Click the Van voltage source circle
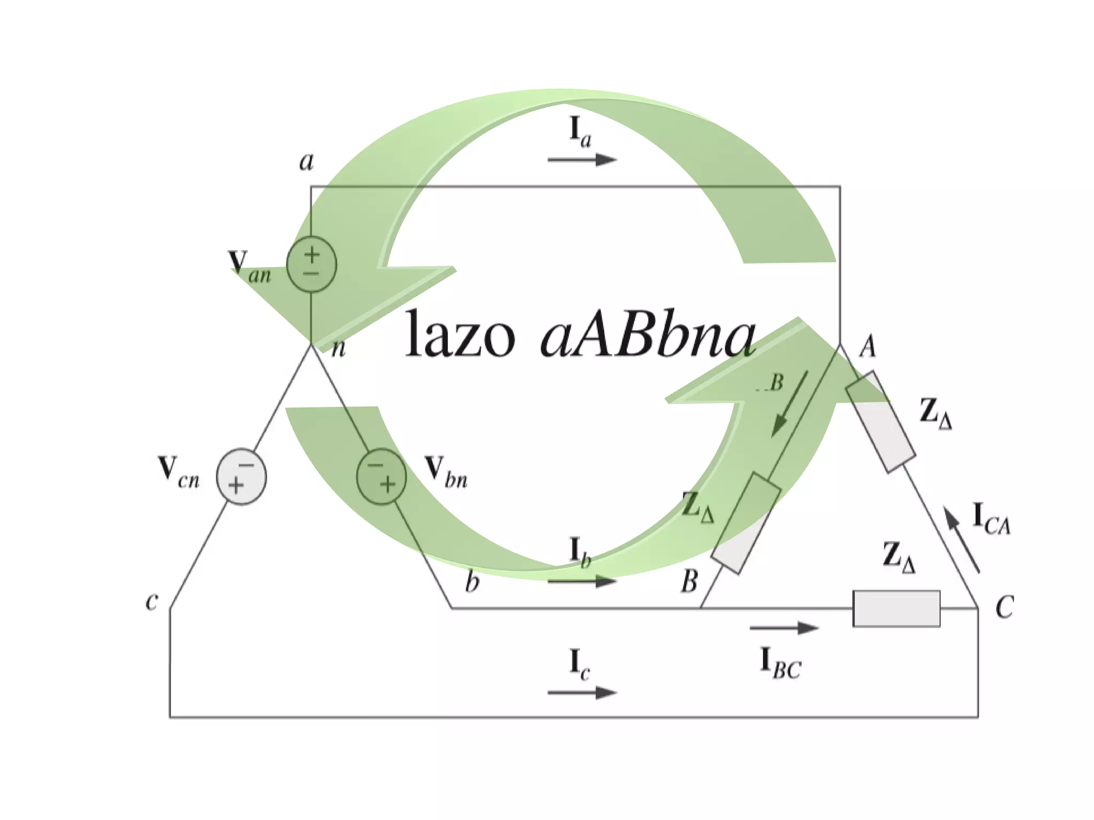[x=311, y=264]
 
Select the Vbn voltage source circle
[x=381, y=477]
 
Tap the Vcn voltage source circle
[x=241, y=477]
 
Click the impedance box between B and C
[x=896, y=608]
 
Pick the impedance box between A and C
[x=881, y=422]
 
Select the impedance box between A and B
[x=746, y=523]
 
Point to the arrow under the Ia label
[x=582, y=159]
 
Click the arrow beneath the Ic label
[x=582, y=692]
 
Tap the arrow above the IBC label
[x=784, y=628]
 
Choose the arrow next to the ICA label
[x=962, y=540]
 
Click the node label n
[x=339, y=348]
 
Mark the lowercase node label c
[x=152, y=601]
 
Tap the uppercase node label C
[x=1004, y=607]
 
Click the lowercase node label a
[x=306, y=161]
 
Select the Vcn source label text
[x=179, y=472]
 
